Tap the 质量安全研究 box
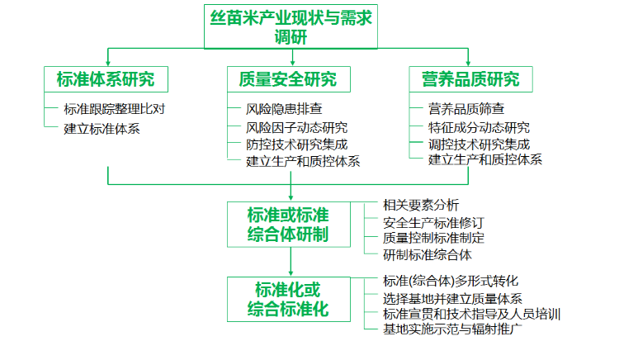[x=288, y=79]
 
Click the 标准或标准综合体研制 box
[x=288, y=224]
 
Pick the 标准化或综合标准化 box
[x=288, y=299]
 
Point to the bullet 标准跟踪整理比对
[x=120, y=108]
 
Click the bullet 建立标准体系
[x=102, y=128]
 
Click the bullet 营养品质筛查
[x=467, y=108]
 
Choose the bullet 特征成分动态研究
[x=480, y=127]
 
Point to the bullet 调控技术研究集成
[x=480, y=144]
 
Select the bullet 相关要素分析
[x=421, y=205]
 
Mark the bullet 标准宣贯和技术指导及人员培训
[x=472, y=314]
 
